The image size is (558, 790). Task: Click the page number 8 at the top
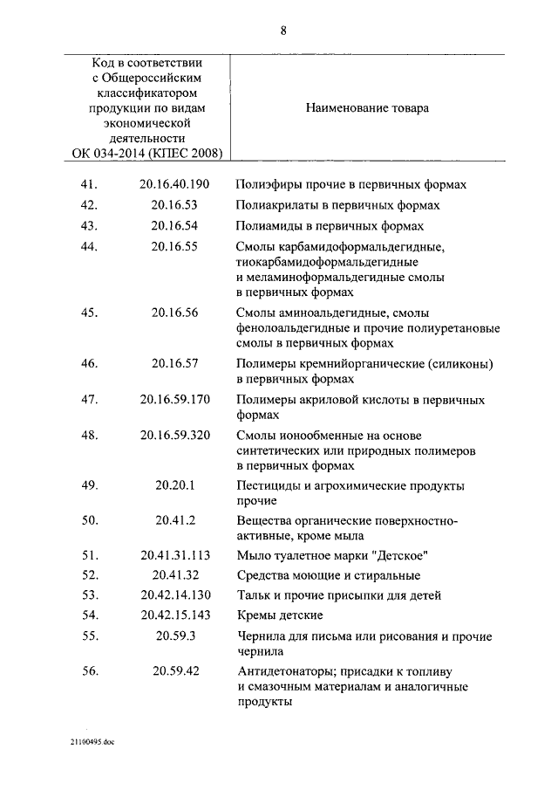[x=283, y=31]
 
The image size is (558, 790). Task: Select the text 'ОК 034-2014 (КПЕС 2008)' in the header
[x=147, y=154]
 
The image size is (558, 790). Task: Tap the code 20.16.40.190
[x=174, y=185]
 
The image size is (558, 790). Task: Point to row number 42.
[x=89, y=206]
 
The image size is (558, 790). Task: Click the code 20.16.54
[x=174, y=226]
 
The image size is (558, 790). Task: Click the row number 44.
[x=89, y=247]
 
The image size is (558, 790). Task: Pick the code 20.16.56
[x=174, y=313]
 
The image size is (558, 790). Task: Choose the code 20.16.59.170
[x=174, y=401]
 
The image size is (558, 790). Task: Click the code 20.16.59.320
[x=174, y=436]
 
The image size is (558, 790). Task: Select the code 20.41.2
[x=174, y=522]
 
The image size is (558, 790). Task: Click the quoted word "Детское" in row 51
[x=405, y=556]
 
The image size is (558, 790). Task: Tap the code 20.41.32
[x=174, y=576]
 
